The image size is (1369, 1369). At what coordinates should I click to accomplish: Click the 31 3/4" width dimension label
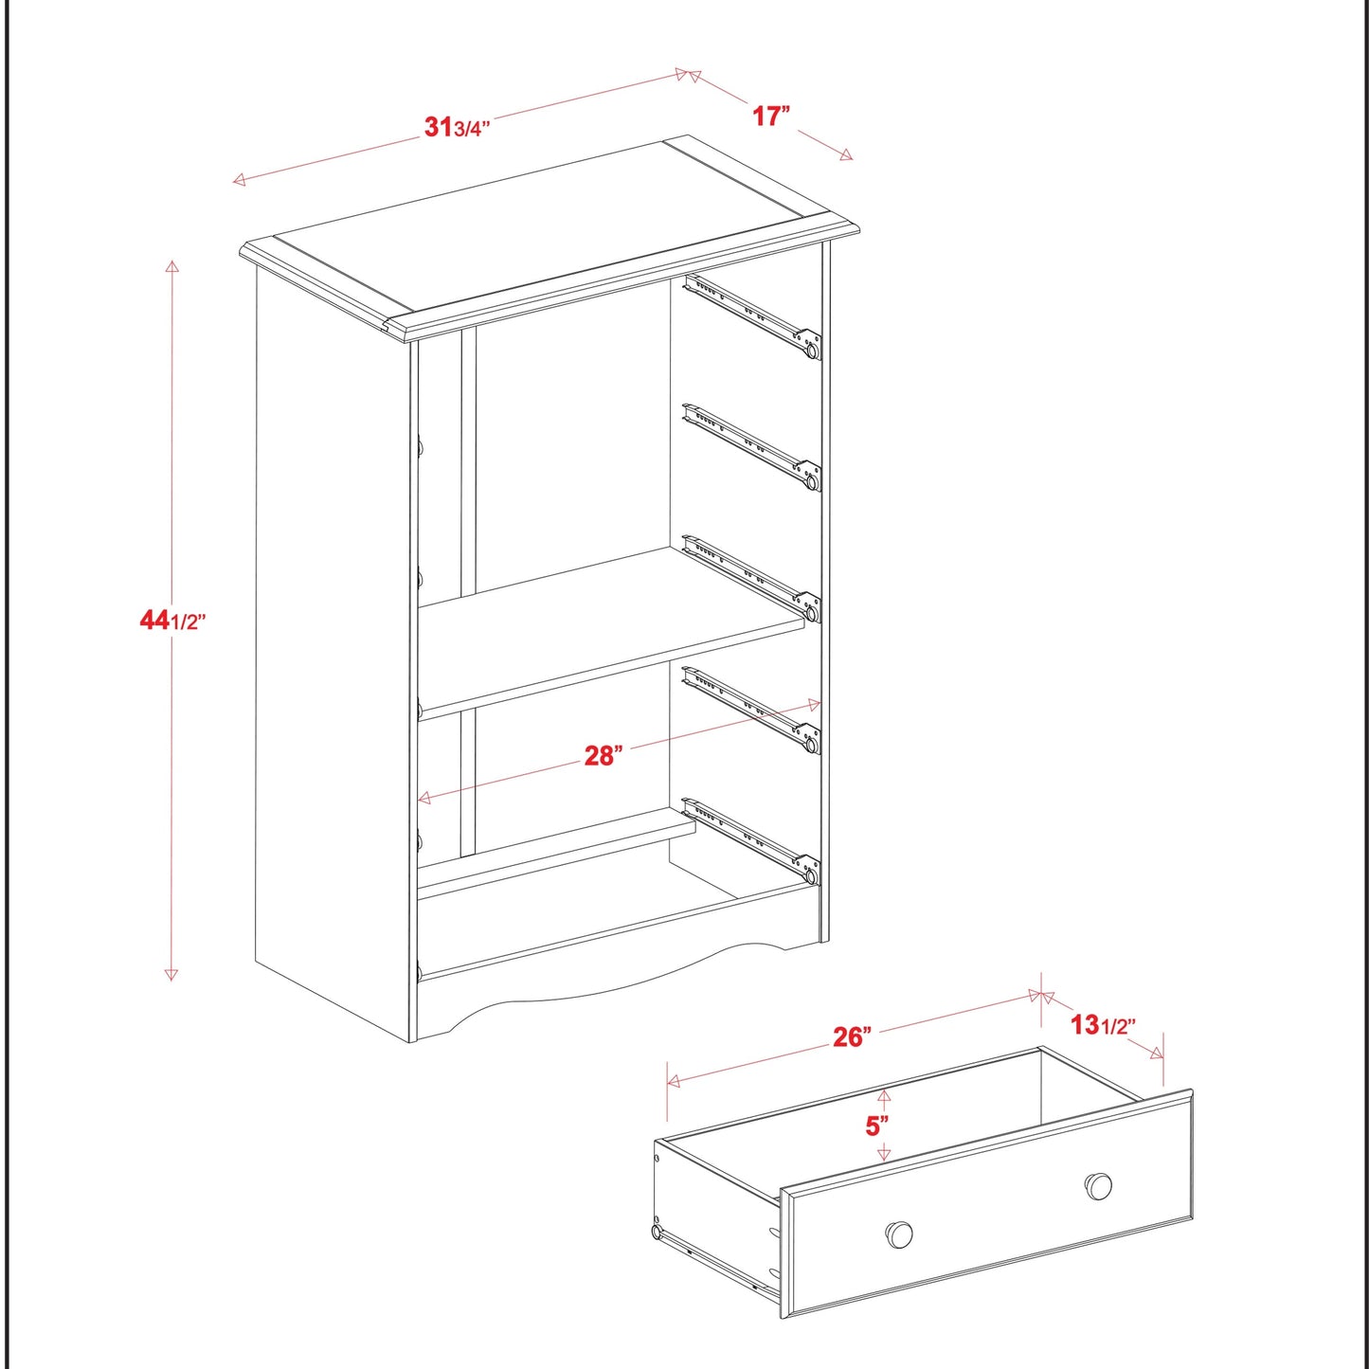coord(457,127)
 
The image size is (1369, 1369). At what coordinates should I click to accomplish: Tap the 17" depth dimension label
coord(771,116)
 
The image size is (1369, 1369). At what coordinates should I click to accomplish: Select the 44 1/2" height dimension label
coord(172,621)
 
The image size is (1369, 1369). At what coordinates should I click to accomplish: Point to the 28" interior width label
coord(603,755)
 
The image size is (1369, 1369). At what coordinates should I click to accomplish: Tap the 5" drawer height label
coord(877,1126)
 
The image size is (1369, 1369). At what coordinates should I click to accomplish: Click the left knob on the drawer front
coord(899,1234)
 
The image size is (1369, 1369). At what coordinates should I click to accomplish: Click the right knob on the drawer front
coord(1098,1185)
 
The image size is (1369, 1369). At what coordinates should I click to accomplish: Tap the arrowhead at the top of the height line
coord(171,266)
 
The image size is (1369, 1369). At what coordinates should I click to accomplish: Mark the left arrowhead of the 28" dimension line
coord(424,799)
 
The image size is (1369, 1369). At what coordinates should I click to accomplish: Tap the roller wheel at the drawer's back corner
coord(656,1232)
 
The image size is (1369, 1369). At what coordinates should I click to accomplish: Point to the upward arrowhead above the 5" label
coord(884,1096)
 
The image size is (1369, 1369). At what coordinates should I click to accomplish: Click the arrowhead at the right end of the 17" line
coord(846,155)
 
